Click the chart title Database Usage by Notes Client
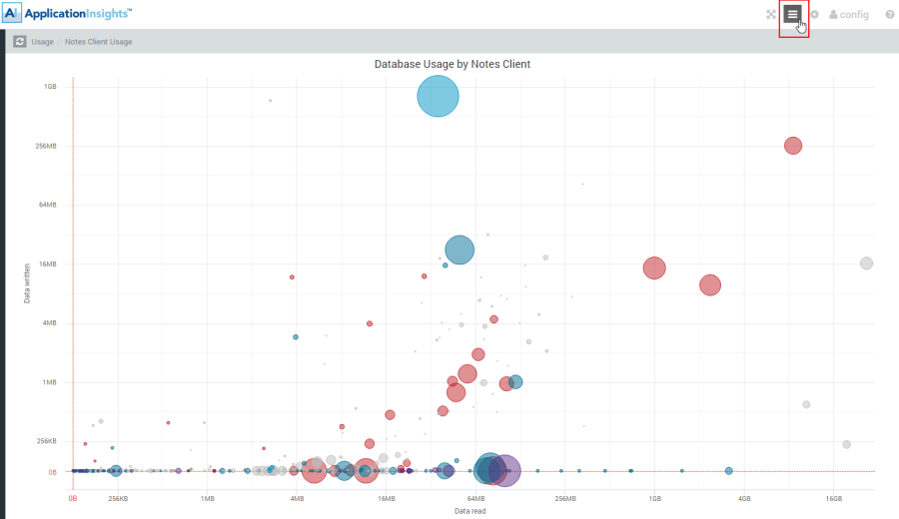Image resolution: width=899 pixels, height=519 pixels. pyautogui.click(x=451, y=64)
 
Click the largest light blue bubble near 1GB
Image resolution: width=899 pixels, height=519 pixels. pyautogui.click(x=438, y=97)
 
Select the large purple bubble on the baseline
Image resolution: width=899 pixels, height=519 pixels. pyautogui.click(x=504, y=471)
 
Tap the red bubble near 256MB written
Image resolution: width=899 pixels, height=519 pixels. pyautogui.click(x=793, y=146)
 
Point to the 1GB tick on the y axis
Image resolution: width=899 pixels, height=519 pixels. pyautogui.click(x=50, y=87)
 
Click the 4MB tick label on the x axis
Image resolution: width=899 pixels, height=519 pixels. pyautogui.click(x=297, y=497)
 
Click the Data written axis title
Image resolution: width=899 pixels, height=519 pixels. pyautogui.click(x=27, y=282)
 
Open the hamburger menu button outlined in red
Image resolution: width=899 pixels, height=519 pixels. pyautogui.click(x=793, y=15)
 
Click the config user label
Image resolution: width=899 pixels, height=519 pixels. pyautogui.click(x=848, y=15)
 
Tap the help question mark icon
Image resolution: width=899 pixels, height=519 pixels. pyautogui.click(x=889, y=15)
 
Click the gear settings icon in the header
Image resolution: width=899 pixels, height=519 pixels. pyautogui.click(x=814, y=15)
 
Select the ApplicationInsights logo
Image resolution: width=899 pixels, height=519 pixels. pyautogui.click(x=68, y=14)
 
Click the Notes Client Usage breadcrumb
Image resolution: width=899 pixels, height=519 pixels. pyautogui.click(x=99, y=42)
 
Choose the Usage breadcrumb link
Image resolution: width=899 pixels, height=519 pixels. pyautogui.click(x=42, y=42)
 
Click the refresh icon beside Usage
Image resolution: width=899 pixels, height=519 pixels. pyautogui.click(x=20, y=42)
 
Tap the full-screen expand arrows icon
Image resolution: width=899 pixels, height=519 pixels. pyautogui.click(x=770, y=15)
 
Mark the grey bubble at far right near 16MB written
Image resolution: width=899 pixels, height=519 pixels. pyautogui.click(x=866, y=263)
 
